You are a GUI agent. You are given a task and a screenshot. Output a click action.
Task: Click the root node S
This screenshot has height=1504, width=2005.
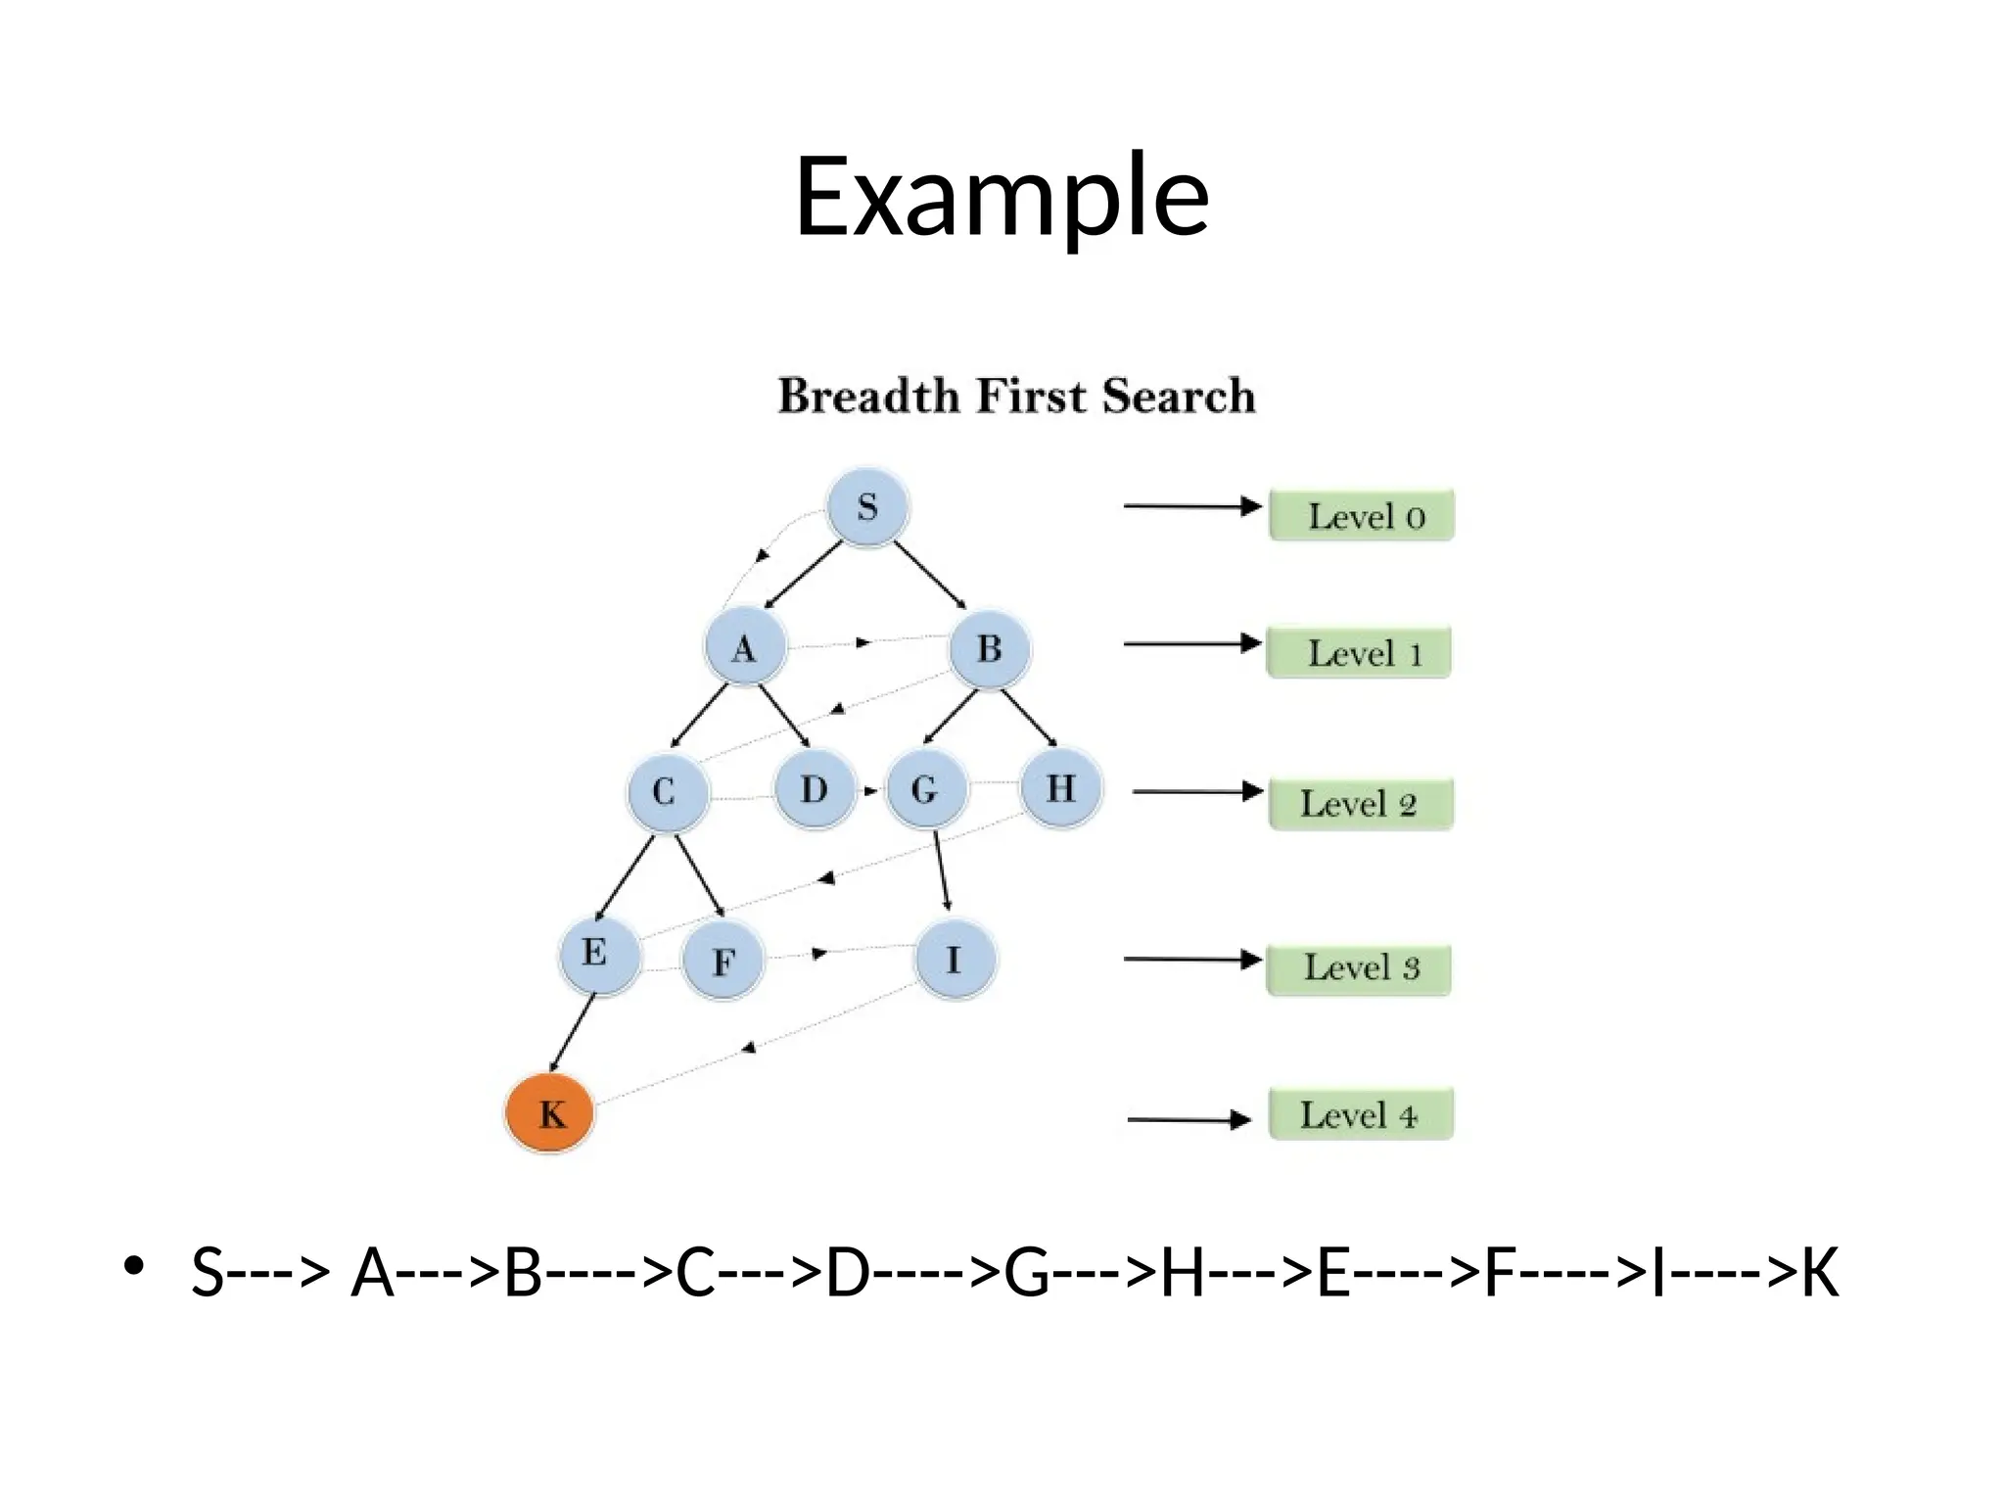point(867,507)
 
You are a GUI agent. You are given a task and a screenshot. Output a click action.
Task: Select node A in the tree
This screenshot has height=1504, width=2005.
point(745,647)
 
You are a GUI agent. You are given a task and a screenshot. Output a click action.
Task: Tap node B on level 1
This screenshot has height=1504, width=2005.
point(990,647)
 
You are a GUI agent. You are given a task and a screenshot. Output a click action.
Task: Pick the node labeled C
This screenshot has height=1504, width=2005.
point(666,791)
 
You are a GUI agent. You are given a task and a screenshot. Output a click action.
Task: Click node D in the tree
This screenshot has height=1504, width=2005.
point(815,788)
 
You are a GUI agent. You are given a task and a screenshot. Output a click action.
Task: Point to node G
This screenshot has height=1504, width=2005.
point(925,788)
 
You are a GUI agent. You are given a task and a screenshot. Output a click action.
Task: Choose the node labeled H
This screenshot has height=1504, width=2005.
point(1061,787)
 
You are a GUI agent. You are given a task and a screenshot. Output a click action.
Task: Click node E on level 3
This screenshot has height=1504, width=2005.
point(598,953)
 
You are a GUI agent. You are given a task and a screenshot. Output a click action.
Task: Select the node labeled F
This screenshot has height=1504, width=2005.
point(723,961)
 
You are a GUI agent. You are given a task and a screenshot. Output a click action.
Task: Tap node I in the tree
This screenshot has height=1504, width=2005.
point(955,960)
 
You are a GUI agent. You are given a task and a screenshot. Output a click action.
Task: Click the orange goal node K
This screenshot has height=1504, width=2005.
point(550,1113)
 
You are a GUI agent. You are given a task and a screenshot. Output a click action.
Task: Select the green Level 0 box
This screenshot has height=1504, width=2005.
point(1362,516)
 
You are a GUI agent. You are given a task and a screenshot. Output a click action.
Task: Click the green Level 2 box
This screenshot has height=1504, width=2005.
point(1361,804)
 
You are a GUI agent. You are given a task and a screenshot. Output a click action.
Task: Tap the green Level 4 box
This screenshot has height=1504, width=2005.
point(1361,1114)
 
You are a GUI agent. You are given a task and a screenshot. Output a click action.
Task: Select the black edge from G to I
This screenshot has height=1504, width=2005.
point(942,870)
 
